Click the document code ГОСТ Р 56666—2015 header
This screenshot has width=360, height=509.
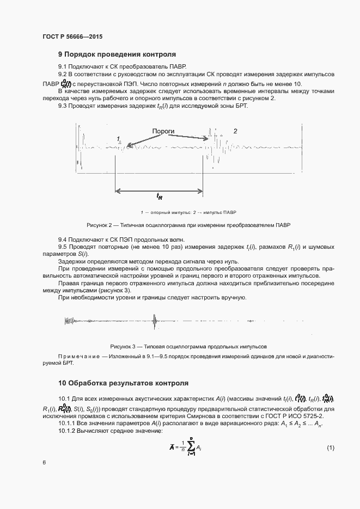(x=72, y=36)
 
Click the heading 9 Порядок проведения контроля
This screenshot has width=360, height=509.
(x=117, y=54)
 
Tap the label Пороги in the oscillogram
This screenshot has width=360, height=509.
(x=163, y=131)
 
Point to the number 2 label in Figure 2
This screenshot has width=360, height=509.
(x=235, y=131)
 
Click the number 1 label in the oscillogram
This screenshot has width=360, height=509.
(x=119, y=139)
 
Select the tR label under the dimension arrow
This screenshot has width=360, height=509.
(x=160, y=196)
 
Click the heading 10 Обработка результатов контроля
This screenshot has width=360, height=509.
(x=123, y=383)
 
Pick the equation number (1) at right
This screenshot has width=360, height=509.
(x=330, y=447)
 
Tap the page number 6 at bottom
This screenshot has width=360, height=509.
(x=44, y=462)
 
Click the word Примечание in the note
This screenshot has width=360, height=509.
(x=77, y=356)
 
